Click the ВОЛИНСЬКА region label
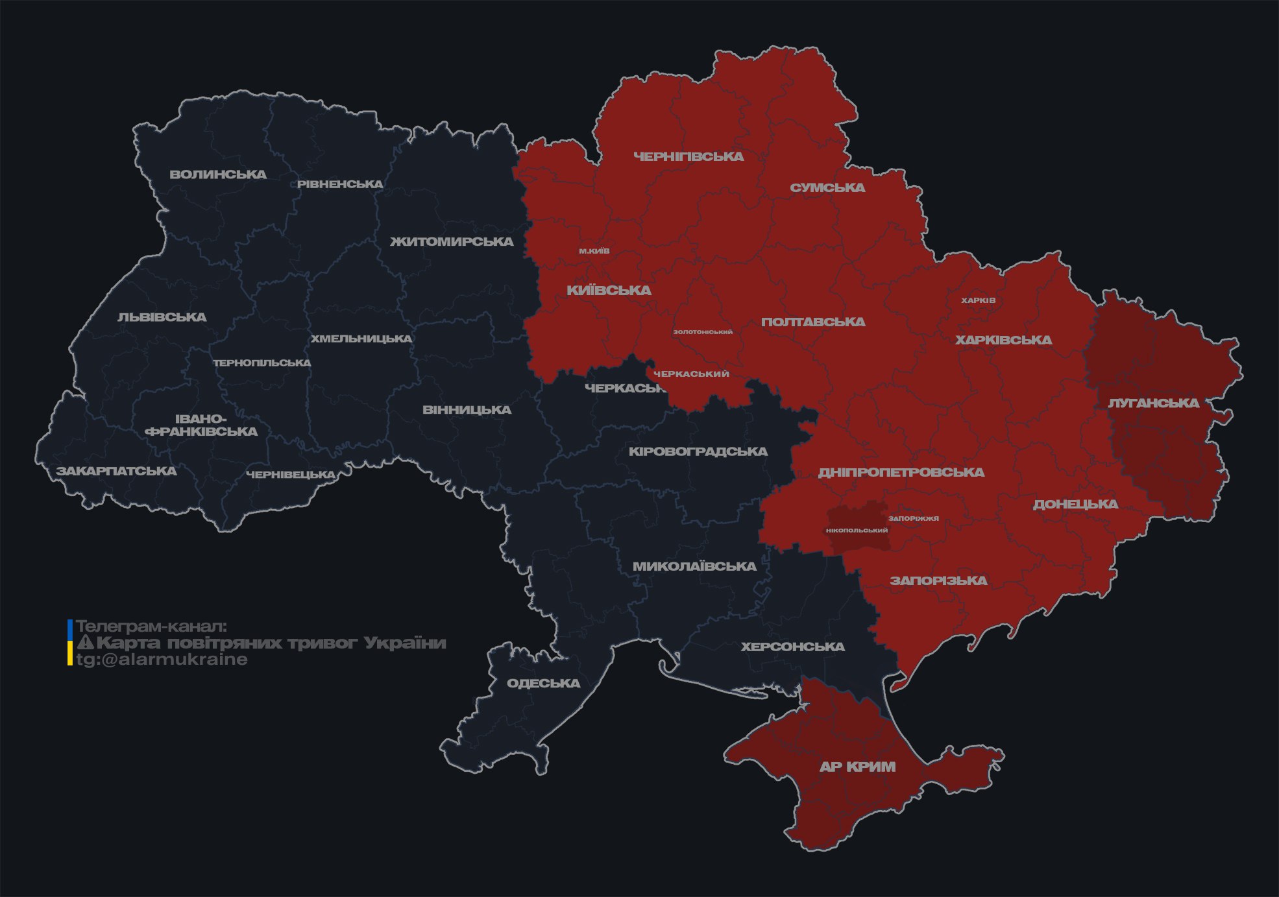(x=218, y=174)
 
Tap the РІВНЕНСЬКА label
(x=340, y=184)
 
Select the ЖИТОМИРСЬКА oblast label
(x=452, y=242)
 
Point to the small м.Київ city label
(x=594, y=251)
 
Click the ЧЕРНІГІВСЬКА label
(x=688, y=156)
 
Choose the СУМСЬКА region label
(x=827, y=188)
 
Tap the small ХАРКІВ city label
(x=978, y=300)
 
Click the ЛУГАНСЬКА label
(x=1153, y=403)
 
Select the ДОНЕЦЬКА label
(x=1075, y=505)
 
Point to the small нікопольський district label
(x=857, y=531)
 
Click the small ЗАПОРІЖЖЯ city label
(x=914, y=518)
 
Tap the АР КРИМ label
(x=857, y=767)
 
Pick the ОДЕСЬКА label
(x=543, y=684)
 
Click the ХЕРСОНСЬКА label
(x=792, y=647)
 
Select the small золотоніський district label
(x=703, y=332)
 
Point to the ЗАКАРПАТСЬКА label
(x=116, y=471)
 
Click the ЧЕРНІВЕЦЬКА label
(x=291, y=475)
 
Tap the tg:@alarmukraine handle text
(x=162, y=660)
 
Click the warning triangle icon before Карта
(x=86, y=643)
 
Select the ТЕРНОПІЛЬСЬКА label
(x=262, y=363)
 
